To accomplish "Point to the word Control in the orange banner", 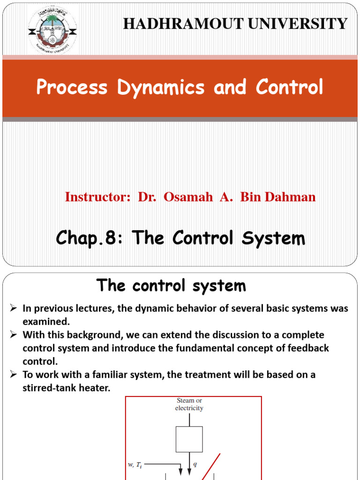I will [x=289, y=88].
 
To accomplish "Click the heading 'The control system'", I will [x=171, y=285].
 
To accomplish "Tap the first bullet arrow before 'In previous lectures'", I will [x=14, y=308].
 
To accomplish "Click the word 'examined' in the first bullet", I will [x=46, y=322].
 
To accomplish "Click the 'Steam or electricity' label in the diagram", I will [x=189, y=405].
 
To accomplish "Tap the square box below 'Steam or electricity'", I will [x=189, y=439].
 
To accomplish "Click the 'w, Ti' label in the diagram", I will [x=135, y=464].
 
